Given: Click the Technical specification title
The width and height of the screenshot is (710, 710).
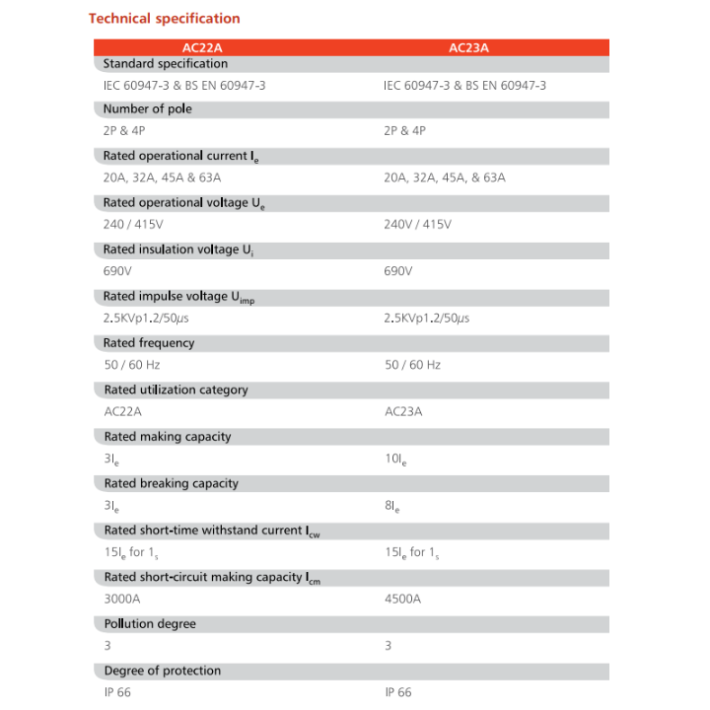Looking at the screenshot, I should [x=164, y=18].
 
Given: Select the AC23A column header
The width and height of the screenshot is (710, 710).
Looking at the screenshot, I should [x=468, y=47].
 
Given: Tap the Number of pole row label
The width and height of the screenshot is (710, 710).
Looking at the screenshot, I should [x=147, y=109].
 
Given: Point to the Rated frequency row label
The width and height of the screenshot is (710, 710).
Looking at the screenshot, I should [x=149, y=343].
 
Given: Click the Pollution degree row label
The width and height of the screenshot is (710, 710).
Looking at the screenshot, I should [x=150, y=623].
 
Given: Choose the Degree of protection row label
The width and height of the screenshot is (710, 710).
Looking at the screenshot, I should [x=162, y=671].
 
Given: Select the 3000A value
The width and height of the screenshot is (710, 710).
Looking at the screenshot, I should [x=122, y=599].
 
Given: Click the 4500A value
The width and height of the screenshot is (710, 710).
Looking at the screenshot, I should [x=402, y=599].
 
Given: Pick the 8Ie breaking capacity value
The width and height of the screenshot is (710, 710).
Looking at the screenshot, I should [x=390, y=506].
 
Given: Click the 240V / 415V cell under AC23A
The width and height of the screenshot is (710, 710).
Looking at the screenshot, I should [x=417, y=225].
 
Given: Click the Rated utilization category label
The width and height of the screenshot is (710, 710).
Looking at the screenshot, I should [x=176, y=390].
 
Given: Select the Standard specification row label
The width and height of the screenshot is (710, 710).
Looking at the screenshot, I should [x=165, y=63].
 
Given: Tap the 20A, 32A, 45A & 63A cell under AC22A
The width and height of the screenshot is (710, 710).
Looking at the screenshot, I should [x=162, y=178].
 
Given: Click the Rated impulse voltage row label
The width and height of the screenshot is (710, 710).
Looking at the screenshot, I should [x=178, y=297].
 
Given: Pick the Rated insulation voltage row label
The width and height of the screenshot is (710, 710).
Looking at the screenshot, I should [x=178, y=250].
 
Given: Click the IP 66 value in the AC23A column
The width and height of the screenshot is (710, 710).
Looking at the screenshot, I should [x=398, y=692].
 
